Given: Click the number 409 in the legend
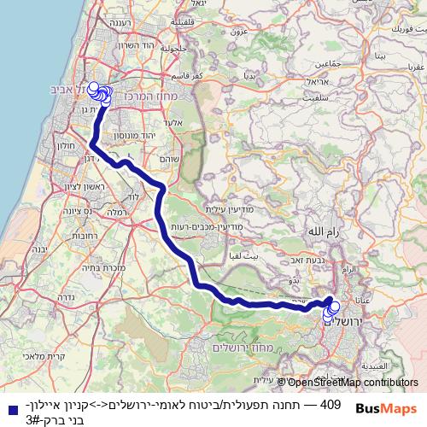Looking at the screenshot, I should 330,403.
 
